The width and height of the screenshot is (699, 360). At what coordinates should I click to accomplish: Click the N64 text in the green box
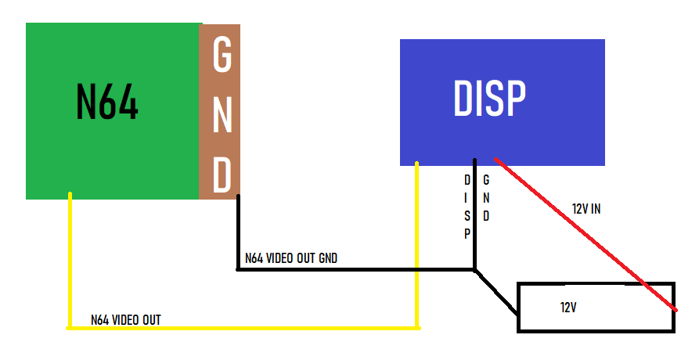[x=107, y=102]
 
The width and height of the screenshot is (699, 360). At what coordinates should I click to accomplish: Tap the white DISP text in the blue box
[x=489, y=99]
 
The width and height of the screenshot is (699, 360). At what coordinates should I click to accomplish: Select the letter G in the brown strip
[x=222, y=54]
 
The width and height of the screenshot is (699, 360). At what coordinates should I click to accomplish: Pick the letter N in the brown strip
[x=222, y=115]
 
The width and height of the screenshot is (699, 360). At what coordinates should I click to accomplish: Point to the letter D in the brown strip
[x=222, y=175]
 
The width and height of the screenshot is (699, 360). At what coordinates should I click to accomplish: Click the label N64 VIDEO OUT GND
[x=291, y=258]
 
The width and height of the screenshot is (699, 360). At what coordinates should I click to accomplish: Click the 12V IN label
[x=586, y=208]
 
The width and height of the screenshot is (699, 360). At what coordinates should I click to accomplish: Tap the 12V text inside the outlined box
[x=568, y=308]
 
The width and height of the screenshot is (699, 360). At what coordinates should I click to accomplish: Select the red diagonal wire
[x=586, y=234]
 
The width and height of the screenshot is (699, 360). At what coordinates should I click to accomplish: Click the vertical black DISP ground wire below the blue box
[x=475, y=214]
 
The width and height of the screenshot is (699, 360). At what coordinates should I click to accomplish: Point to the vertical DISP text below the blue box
[x=467, y=207]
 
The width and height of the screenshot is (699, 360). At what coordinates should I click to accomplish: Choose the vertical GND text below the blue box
[x=486, y=198]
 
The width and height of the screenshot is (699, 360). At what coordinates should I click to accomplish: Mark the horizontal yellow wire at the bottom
[x=243, y=329]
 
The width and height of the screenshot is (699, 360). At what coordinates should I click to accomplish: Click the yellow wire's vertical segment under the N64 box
[x=70, y=261]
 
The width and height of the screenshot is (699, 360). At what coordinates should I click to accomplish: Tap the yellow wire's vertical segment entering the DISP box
[x=416, y=245]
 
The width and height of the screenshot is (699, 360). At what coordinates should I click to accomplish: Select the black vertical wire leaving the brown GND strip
[x=238, y=232]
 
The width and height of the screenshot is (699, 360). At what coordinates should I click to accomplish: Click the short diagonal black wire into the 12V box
[x=496, y=292]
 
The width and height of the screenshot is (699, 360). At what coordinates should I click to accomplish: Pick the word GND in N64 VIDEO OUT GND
[x=328, y=258]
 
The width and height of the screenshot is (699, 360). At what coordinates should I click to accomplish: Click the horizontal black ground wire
[x=355, y=269]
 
